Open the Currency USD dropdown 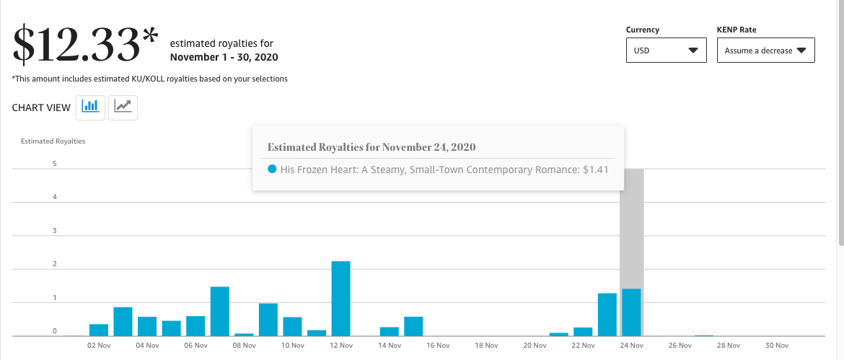(667, 50)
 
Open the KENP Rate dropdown (765, 50)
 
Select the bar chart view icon (90, 107)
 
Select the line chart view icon (123, 107)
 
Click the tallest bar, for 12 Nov (340, 299)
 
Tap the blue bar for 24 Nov (631, 312)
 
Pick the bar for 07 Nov (219, 312)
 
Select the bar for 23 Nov (607, 315)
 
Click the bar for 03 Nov (123, 322)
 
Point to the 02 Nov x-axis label (99, 346)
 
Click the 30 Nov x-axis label (777, 346)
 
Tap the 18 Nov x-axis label (487, 346)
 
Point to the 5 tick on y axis (54, 164)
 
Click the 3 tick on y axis (54, 231)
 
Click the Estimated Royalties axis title (53, 141)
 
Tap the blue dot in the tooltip (272, 169)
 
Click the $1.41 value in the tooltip (595, 170)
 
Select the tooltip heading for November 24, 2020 (372, 147)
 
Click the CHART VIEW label (41, 107)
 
